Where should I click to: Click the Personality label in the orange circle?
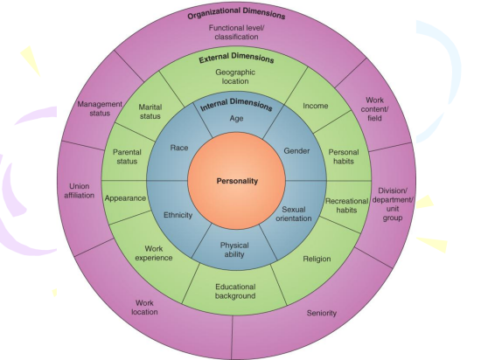[237, 181]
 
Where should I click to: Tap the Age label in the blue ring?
[236, 118]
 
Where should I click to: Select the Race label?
[179, 148]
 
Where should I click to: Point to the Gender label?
[296, 151]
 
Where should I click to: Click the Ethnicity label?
[178, 215]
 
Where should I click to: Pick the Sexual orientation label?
[294, 214]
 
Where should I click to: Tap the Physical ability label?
[234, 250]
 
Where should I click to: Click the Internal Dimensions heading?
[236, 105]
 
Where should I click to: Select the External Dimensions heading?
[236, 58]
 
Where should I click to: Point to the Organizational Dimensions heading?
[236, 13]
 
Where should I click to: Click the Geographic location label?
[235, 77]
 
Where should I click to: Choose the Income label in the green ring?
[316, 106]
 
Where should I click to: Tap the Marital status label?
[150, 112]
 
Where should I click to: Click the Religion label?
[317, 259]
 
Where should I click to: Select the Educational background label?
[235, 291]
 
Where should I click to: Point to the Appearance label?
[125, 198]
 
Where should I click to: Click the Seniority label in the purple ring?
[322, 313]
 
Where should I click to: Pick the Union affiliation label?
[79, 190]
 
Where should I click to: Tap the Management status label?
[100, 108]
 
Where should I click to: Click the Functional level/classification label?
[236, 32]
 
